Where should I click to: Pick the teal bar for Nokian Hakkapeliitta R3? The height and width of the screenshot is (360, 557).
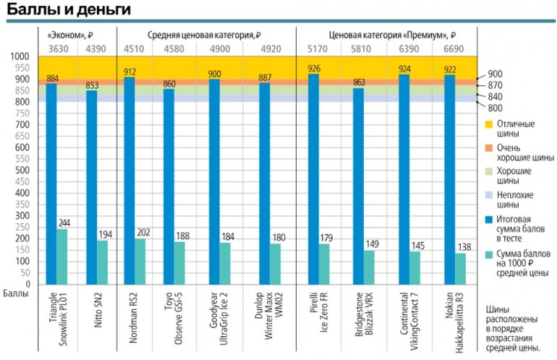tap(461, 268)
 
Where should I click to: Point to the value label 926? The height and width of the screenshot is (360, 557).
tap(313, 69)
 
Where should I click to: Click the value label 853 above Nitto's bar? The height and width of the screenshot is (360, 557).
tap(93, 85)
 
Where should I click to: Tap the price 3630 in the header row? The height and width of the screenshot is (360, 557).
tap(58, 49)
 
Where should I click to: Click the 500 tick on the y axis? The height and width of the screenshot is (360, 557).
tap(20, 170)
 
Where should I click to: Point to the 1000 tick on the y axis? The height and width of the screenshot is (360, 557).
tap(18, 56)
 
